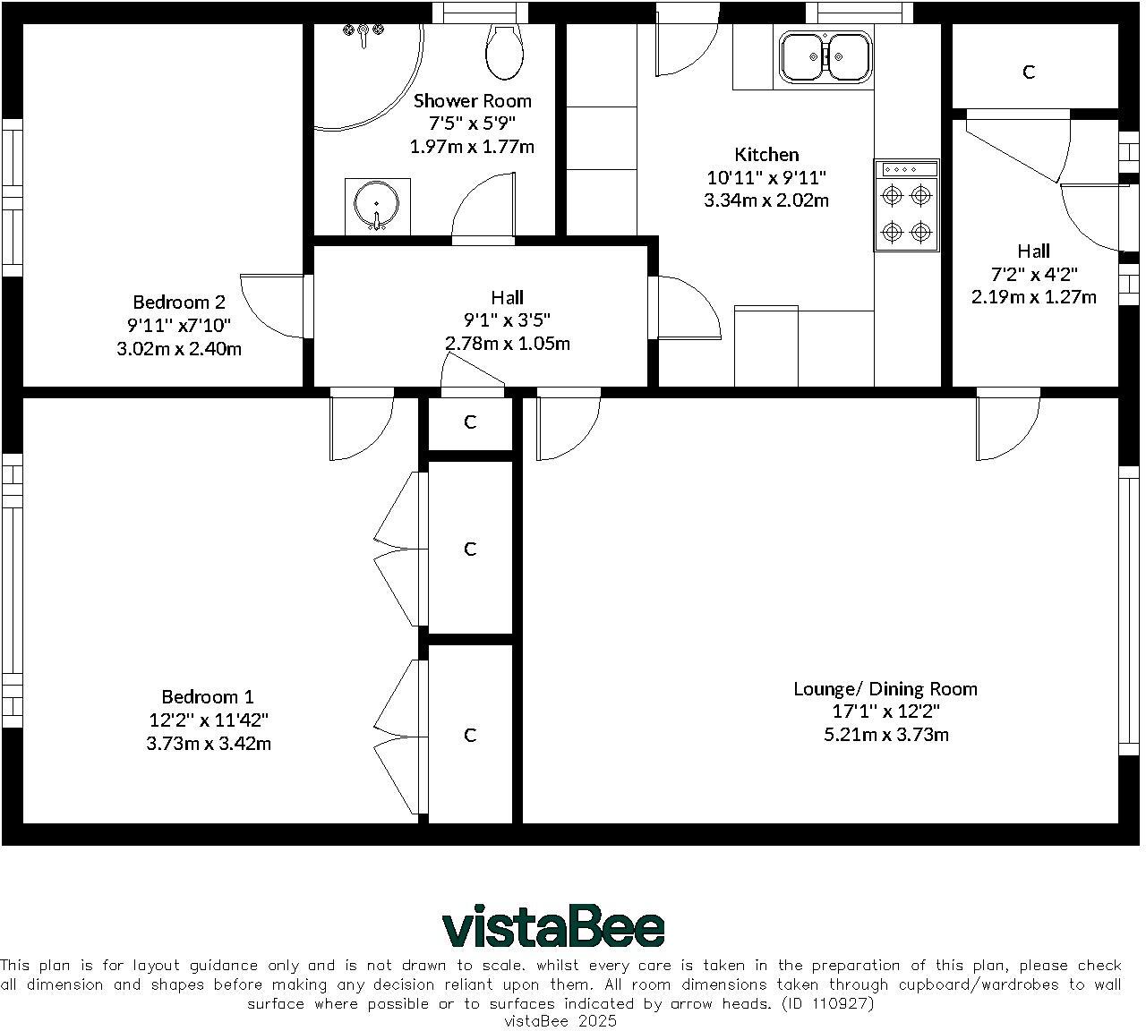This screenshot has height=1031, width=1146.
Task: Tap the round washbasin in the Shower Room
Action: click(376, 204)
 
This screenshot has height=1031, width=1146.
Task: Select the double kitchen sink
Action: click(826, 56)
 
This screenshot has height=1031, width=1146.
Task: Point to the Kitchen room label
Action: click(766, 154)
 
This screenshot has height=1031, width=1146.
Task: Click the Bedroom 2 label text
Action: click(179, 302)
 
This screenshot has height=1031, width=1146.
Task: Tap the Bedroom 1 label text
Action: click(208, 696)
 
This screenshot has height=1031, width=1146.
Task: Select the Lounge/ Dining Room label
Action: click(885, 689)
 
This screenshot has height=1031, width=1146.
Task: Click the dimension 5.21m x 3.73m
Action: click(886, 734)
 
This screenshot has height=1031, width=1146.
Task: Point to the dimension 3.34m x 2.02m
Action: click(766, 200)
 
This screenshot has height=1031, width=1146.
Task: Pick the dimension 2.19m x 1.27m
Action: click(1033, 297)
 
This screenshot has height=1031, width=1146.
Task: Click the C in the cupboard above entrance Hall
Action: click(1029, 72)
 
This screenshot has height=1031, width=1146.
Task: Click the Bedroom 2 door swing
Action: click(272, 306)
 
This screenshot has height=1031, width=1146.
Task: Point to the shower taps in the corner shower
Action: click(363, 34)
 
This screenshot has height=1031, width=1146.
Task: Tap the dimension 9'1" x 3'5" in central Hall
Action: click(507, 320)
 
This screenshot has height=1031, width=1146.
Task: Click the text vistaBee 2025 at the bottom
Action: click(560, 1021)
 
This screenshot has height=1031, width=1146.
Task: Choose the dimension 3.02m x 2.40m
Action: click(179, 348)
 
